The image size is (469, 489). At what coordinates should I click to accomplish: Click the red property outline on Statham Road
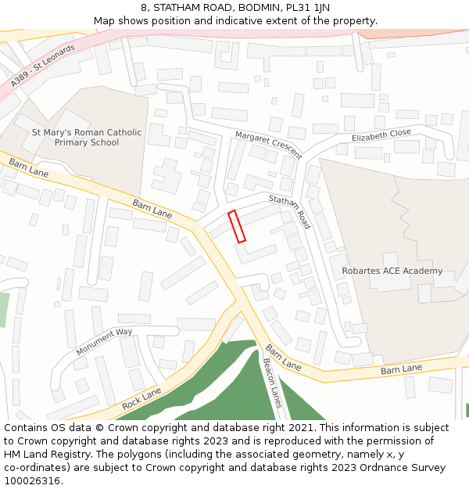[237, 226]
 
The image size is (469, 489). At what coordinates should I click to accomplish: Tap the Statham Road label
[290, 211]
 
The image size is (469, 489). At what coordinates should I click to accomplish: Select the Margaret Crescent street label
[268, 145]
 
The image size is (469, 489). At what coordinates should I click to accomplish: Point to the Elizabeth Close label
[381, 135]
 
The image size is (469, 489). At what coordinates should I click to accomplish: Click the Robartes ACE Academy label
[392, 271]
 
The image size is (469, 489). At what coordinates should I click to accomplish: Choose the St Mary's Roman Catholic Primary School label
[87, 138]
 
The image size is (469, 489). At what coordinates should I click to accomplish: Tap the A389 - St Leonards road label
[43, 66]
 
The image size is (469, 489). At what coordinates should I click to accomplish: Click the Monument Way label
[104, 342]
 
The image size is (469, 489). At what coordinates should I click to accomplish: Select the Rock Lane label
[141, 398]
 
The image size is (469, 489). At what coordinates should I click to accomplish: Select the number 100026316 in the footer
[31, 481]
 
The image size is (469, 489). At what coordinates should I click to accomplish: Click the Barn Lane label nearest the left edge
[28, 167]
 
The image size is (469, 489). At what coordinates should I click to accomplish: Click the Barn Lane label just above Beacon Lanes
[283, 357]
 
